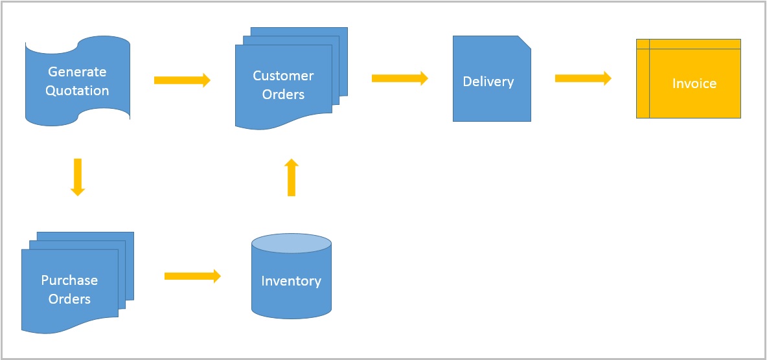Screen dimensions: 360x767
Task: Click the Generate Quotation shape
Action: click(77, 81)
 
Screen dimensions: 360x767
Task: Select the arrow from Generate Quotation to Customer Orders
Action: click(182, 80)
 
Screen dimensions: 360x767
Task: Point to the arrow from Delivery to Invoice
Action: click(583, 78)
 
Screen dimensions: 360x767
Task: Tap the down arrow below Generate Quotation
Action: click(78, 177)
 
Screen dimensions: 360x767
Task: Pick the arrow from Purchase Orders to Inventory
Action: click(192, 276)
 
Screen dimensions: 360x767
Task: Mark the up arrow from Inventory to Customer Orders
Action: click(292, 177)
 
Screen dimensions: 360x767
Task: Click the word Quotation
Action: click(77, 91)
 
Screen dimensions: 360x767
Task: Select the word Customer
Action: click(283, 76)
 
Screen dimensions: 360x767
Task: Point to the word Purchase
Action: click(69, 280)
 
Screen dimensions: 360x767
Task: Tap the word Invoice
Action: click(694, 84)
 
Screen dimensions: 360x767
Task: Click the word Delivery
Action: click(488, 82)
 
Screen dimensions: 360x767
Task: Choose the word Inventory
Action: click(291, 281)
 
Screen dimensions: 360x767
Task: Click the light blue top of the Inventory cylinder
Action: click(291, 243)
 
